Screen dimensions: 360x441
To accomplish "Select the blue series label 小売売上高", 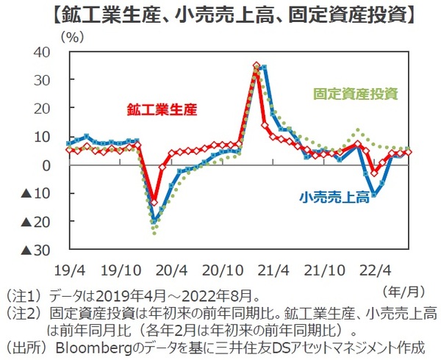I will [x=334, y=196].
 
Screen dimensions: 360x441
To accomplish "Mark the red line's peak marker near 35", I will [x=256, y=66].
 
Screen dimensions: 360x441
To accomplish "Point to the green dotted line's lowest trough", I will [x=154, y=232].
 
